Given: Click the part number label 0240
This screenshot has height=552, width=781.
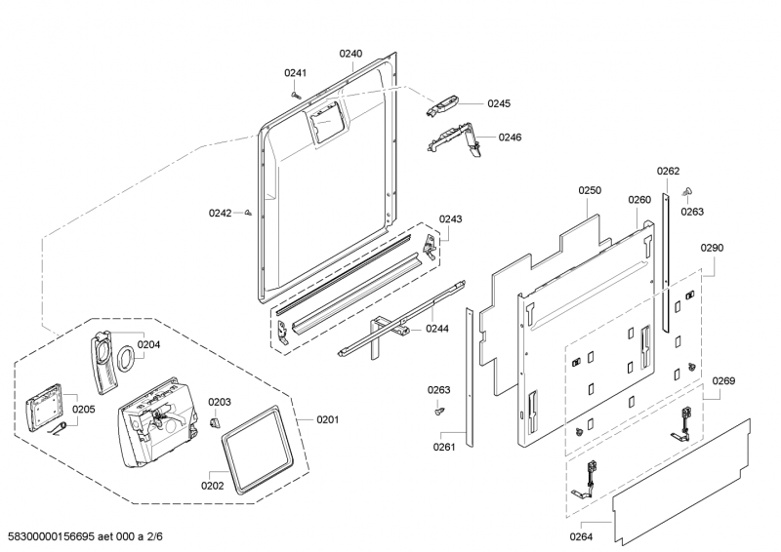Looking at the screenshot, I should tap(350, 54).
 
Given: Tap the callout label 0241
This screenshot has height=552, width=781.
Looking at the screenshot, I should tap(295, 73).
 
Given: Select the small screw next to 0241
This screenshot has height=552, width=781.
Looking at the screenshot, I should tap(297, 94).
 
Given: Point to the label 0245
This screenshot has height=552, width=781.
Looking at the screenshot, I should tap(499, 103).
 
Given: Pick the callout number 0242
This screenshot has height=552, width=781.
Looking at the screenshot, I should tap(220, 213).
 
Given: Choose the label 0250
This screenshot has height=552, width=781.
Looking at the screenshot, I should tap(590, 191).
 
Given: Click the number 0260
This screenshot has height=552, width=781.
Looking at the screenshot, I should tap(639, 200).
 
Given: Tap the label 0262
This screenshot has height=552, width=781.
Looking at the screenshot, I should tap(668, 172).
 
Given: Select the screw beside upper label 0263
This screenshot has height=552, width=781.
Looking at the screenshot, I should tap(687, 190).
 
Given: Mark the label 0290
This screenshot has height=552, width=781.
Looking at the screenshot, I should tap(712, 248).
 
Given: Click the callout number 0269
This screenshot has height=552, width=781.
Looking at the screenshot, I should tap(723, 380).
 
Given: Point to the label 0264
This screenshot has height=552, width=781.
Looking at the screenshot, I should tap(582, 535).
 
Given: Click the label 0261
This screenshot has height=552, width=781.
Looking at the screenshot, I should tap(444, 448).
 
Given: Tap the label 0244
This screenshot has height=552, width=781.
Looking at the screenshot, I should tap(437, 329).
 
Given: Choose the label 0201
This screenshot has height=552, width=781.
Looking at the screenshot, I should tap(327, 420).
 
